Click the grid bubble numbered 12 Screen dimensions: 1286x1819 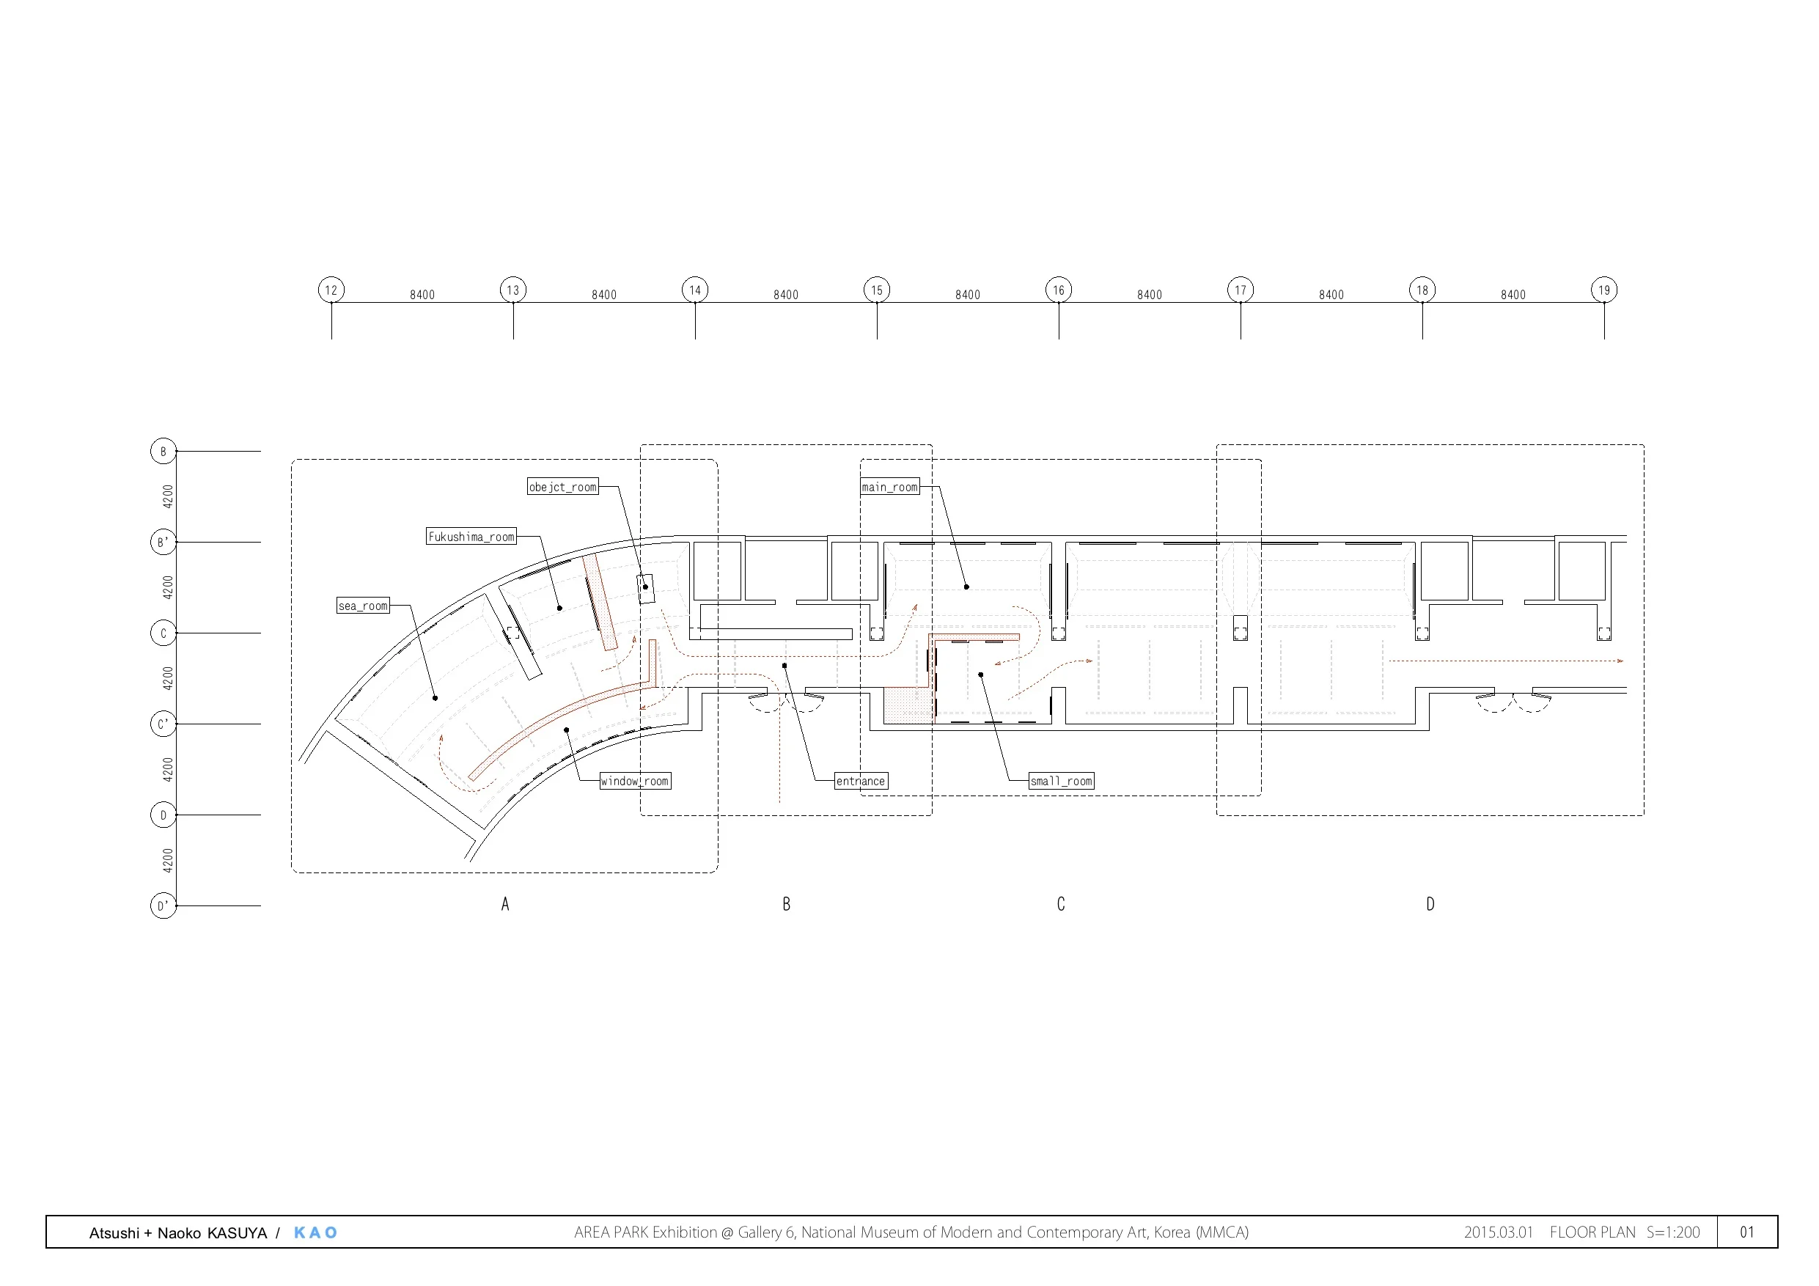(331, 290)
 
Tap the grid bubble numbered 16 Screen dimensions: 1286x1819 (1059, 290)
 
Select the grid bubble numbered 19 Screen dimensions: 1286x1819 (1603, 290)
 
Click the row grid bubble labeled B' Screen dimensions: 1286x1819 (163, 542)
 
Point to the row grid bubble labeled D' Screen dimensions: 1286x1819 (163, 905)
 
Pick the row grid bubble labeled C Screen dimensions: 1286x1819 (163, 633)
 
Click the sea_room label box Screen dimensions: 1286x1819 (363, 606)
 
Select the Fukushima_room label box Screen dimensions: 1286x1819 (471, 537)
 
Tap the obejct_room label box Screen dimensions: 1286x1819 (562, 487)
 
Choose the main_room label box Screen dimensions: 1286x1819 (889, 487)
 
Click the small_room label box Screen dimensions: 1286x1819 (1061, 782)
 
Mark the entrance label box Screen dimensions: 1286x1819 (861, 782)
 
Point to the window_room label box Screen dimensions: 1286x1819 (635, 782)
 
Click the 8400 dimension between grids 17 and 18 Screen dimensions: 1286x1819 (1331, 295)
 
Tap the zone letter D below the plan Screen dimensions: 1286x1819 (1430, 904)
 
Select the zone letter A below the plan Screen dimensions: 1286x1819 (505, 904)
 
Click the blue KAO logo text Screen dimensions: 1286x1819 (315, 1233)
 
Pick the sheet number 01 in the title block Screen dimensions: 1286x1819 (1747, 1232)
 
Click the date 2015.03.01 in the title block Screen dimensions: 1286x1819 (1498, 1232)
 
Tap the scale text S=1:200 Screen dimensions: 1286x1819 (1673, 1232)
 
